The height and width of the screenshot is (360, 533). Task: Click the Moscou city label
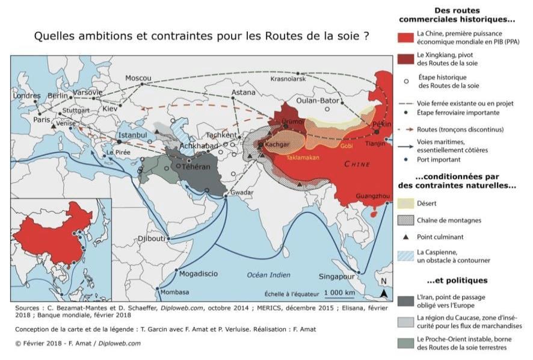138,78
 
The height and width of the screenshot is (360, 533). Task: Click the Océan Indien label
268,275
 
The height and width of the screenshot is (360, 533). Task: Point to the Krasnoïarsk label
289,79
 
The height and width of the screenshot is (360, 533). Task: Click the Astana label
244,93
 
